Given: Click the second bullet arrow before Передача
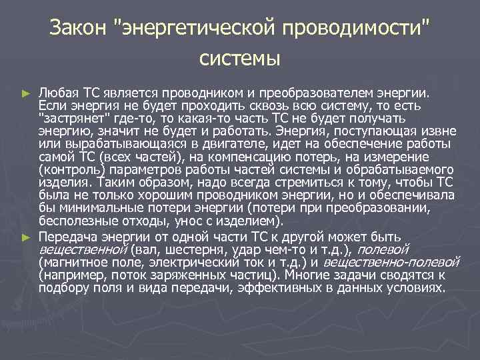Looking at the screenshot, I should (x=26, y=237).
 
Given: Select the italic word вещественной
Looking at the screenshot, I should (x=83, y=249).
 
